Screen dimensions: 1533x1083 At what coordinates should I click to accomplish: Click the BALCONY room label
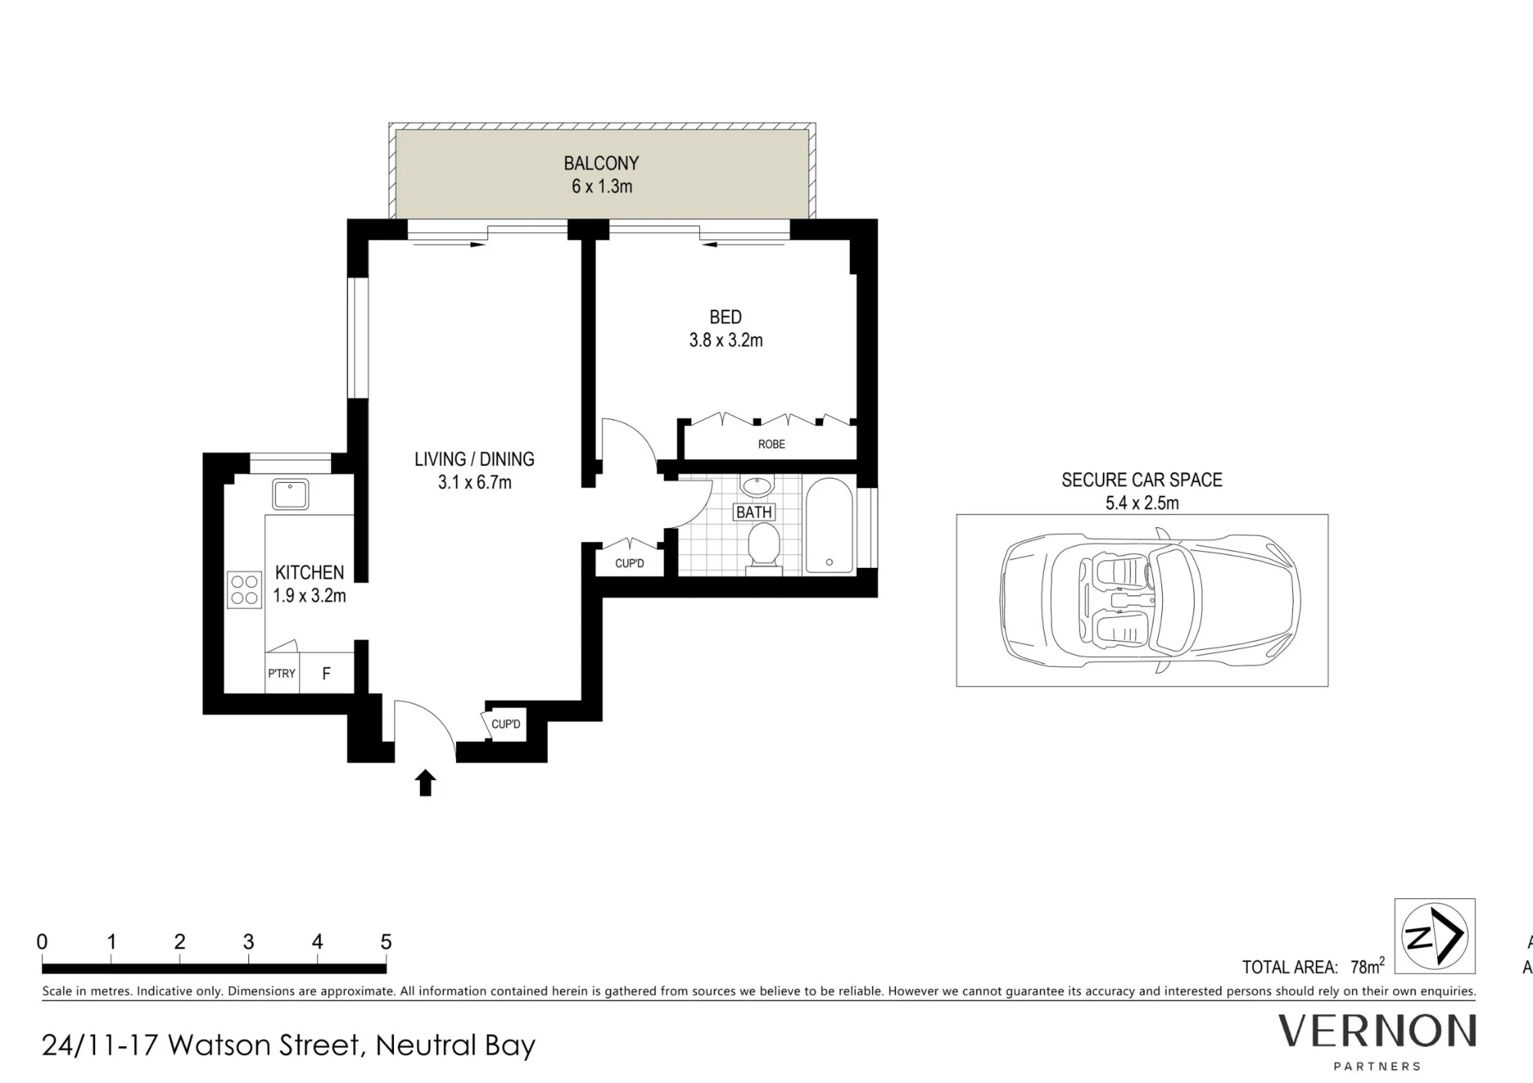click(x=601, y=163)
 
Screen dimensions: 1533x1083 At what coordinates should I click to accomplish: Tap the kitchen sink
click(x=291, y=494)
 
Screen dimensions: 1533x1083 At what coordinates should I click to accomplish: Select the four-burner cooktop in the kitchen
click(x=245, y=590)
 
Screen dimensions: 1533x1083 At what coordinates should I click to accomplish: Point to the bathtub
click(x=829, y=525)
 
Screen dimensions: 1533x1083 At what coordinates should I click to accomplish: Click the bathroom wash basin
click(x=758, y=487)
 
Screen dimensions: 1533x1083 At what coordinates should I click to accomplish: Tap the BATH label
click(x=754, y=512)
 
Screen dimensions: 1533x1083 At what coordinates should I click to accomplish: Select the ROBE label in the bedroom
click(x=772, y=445)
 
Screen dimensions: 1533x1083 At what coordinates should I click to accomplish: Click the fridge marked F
click(x=327, y=674)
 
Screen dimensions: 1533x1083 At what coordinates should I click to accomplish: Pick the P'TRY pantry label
click(x=281, y=674)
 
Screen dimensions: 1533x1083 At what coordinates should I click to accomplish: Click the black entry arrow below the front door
click(x=425, y=783)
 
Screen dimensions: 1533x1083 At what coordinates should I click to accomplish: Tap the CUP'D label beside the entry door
click(x=506, y=724)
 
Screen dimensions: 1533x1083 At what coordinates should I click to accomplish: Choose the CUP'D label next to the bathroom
click(x=629, y=563)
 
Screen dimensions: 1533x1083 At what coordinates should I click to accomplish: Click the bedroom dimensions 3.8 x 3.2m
click(x=726, y=340)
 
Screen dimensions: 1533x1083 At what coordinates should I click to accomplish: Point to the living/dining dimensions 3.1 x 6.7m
click(x=474, y=483)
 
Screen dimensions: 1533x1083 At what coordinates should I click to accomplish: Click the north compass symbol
click(x=1435, y=937)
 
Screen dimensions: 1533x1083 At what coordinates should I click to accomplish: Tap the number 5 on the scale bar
click(x=386, y=942)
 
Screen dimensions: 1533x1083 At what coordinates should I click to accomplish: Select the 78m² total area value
click(x=1367, y=965)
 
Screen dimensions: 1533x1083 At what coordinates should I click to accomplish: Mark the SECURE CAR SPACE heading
click(x=1142, y=480)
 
